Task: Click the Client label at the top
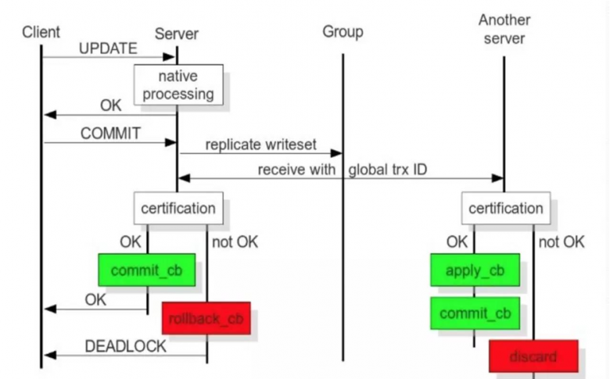click(41, 32)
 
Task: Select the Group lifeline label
click(343, 32)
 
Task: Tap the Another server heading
click(504, 29)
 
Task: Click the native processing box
click(178, 85)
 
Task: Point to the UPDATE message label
click(108, 48)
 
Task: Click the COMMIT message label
click(110, 133)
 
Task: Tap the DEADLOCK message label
click(125, 345)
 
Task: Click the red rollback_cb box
click(206, 318)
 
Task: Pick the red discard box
click(533, 356)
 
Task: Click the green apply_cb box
click(475, 270)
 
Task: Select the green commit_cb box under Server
click(147, 270)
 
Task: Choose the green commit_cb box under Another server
click(475, 313)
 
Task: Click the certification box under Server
click(178, 209)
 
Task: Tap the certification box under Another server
click(505, 209)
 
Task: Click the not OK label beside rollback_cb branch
click(235, 241)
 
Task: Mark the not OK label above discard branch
click(561, 241)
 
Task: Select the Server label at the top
click(177, 33)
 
